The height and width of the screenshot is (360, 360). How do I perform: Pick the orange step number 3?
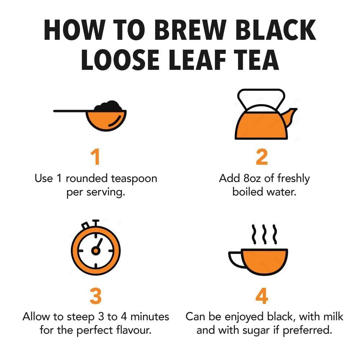coord(95,296)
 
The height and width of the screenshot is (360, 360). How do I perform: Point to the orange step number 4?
coord(262,296)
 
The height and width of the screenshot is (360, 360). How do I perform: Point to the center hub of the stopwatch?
coord(95,251)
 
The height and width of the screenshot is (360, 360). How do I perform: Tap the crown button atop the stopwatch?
coord(95,222)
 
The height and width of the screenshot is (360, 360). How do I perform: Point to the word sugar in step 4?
coord(258,330)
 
